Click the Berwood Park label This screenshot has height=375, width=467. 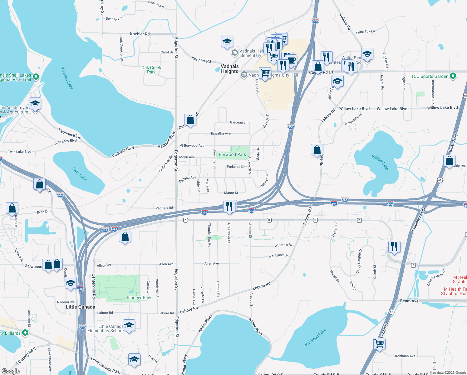(232, 154)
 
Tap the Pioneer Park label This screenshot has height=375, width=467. (139, 297)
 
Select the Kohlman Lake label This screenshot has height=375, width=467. (315, 337)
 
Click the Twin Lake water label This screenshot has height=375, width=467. (80, 174)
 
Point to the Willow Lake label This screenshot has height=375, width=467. (380, 162)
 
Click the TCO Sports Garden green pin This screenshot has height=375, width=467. (453, 76)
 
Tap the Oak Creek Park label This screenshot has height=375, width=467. (151, 70)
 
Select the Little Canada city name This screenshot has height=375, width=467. (81, 307)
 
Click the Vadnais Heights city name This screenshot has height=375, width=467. (230, 69)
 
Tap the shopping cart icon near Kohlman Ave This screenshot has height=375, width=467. (380, 343)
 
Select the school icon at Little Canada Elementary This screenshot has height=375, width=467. (129, 326)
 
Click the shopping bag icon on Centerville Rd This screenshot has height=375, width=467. (190, 120)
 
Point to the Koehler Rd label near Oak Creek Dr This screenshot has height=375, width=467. (140, 34)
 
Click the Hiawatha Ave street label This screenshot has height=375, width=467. (220, 133)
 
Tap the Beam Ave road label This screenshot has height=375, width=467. (409, 301)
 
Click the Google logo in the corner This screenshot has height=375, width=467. (11, 371)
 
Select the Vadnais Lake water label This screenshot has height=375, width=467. (67, 78)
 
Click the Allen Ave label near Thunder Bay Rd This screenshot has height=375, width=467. (212, 263)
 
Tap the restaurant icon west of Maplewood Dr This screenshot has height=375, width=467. (394, 247)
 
